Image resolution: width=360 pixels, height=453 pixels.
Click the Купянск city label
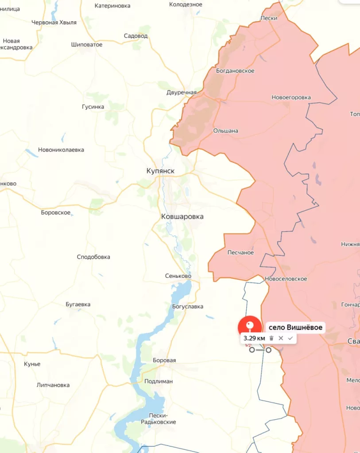click(x=160, y=171)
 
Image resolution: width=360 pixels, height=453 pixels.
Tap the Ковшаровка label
click(x=182, y=217)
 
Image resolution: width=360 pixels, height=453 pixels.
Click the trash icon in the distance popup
click(x=271, y=338)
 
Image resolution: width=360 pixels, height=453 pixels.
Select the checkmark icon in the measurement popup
click(x=290, y=338)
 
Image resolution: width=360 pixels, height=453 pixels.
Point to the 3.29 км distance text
click(x=254, y=338)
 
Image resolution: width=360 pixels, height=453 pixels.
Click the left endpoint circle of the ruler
click(x=252, y=350)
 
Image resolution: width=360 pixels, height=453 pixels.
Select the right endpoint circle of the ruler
click(x=268, y=350)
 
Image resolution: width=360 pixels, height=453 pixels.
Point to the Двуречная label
click(x=182, y=92)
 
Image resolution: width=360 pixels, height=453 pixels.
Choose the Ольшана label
click(x=226, y=131)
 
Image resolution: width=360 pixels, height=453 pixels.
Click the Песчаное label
click(x=240, y=253)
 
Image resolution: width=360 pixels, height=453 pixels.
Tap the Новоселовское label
click(x=286, y=279)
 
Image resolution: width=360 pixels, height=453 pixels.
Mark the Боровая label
click(x=164, y=361)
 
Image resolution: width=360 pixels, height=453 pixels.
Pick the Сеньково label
click(x=178, y=276)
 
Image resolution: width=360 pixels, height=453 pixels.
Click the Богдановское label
click(x=235, y=71)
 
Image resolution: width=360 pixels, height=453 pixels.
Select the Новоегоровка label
click(x=291, y=97)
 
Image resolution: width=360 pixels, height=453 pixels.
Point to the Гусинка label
click(x=93, y=107)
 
